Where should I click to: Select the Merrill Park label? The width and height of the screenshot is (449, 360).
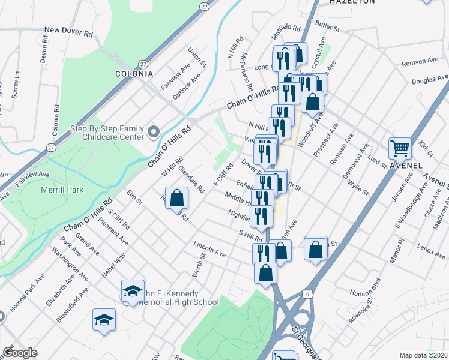click(x=62, y=190)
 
